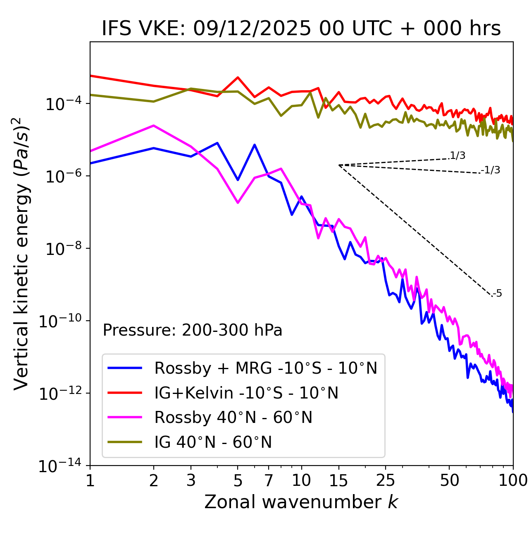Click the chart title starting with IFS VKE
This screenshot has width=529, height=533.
301,29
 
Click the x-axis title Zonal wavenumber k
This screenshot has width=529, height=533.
301,502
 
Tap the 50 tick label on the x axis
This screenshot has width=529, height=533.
449,480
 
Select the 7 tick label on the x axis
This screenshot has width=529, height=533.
269,480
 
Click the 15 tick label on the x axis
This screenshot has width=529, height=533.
338,480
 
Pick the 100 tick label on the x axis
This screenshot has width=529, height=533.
513,480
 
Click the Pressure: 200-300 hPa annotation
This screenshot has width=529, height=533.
193,330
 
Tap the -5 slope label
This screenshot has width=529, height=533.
497,294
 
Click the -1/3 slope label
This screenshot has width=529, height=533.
491,170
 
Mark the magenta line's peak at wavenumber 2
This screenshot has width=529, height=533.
154,125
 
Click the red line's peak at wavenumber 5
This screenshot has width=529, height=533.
238,77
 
